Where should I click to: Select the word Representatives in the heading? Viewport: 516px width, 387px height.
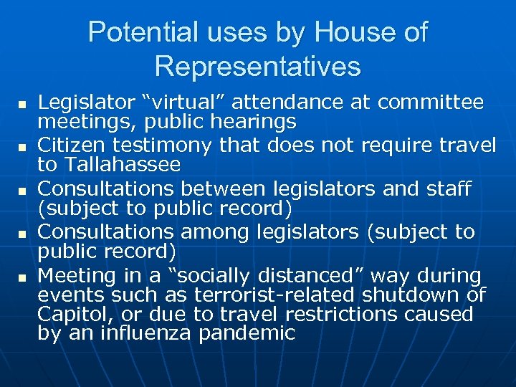click(257, 67)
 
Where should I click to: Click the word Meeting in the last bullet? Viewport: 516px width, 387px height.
click(71, 276)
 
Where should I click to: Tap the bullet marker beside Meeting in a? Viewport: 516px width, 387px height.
click(22, 277)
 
